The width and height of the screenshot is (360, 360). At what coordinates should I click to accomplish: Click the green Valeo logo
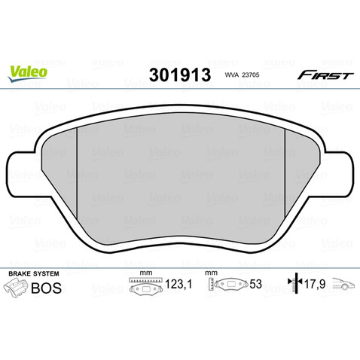pos(27,74)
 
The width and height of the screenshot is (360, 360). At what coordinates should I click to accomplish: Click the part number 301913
pos(180,75)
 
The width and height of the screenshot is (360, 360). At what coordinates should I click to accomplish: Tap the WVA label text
pos(232,75)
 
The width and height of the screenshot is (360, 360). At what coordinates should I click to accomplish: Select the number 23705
pos(250,75)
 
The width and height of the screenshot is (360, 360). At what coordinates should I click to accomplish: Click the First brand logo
pos(325,75)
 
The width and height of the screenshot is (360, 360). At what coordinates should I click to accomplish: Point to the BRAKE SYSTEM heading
pos(34,273)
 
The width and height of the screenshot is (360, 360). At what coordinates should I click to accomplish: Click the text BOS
pos(46,288)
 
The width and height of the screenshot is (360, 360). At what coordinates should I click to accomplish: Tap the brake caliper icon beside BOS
pos(16,288)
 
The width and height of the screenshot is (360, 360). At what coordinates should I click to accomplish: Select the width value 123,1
pos(178,285)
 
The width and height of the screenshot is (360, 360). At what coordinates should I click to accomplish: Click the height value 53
pos(255,284)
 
